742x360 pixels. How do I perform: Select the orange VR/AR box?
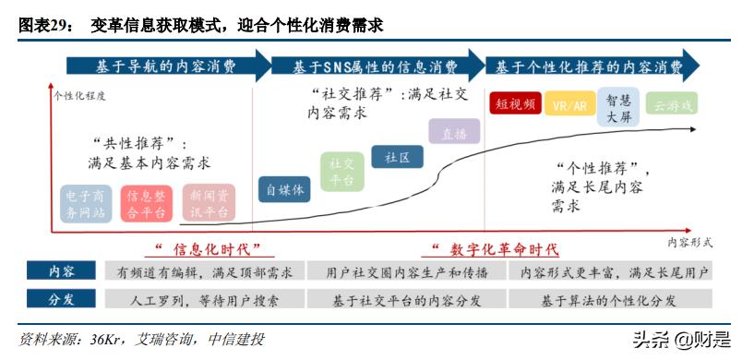click(x=569, y=104)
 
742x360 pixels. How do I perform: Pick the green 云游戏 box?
click(x=671, y=104)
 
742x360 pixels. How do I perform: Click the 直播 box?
click(x=453, y=133)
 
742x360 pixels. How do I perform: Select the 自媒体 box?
click(x=284, y=190)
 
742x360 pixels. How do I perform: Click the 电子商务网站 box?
click(x=86, y=204)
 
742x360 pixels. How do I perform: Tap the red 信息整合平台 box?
click(x=146, y=204)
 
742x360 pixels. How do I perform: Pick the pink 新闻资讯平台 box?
click(x=209, y=204)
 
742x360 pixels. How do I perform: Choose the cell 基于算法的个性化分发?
click(x=609, y=299)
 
